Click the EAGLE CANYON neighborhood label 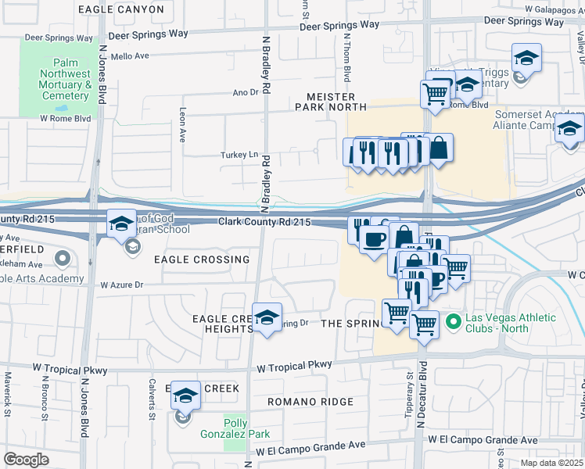[121, 9]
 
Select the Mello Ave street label [130, 56]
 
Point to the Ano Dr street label [245, 92]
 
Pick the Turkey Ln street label [242, 155]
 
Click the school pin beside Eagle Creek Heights [267, 318]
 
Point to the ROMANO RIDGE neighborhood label [310, 402]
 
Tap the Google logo [27, 458]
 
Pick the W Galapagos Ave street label [544, 9]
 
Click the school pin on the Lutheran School [121, 224]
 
